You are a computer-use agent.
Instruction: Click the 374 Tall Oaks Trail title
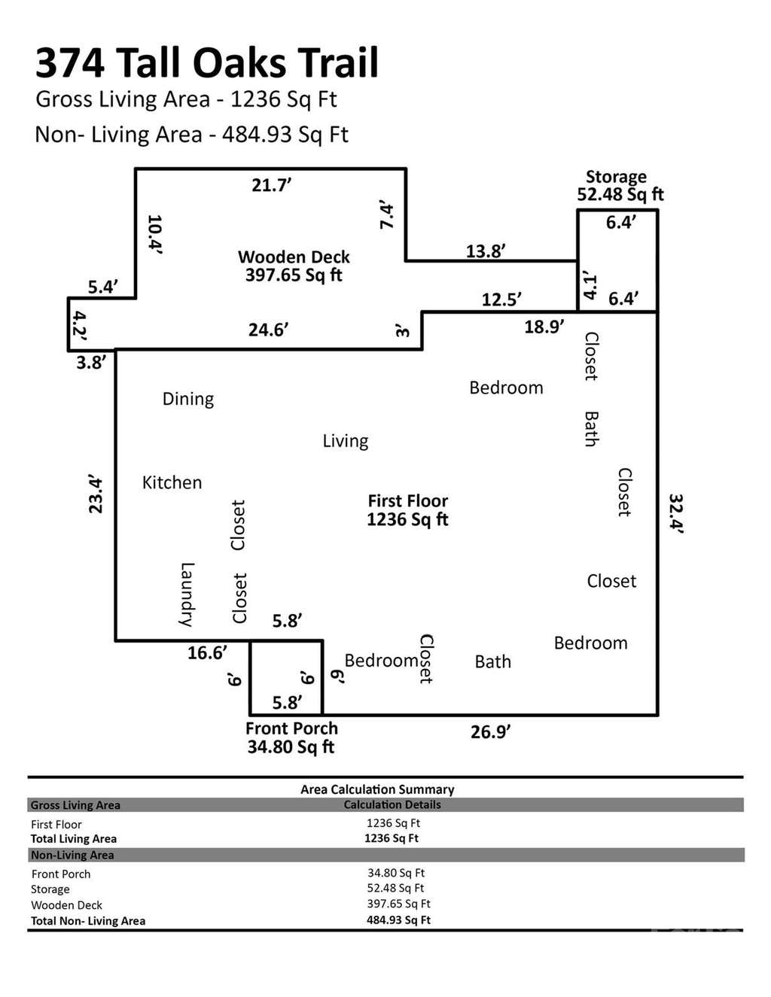[207, 63]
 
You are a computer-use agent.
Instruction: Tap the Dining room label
[188, 400]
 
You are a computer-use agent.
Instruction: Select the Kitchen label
[172, 482]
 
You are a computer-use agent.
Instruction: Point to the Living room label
[346, 442]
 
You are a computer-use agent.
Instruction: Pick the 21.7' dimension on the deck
[272, 185]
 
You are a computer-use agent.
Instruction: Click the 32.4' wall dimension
[676, 514]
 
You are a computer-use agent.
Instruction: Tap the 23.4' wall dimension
[96, 496]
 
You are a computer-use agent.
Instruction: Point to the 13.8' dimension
[486, 251]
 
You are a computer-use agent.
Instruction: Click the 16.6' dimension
[208, 653]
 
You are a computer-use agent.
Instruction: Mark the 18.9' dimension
[544, 327]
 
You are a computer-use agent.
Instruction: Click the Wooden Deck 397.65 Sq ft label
[294, 266]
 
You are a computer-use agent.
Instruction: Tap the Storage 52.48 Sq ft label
[620, 186]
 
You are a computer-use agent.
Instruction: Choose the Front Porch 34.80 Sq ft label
[291, 737]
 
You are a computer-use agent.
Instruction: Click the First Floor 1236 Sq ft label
[407, 510]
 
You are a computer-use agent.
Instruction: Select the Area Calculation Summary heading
[377, 789]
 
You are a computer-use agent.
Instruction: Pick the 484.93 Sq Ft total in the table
[398, 920]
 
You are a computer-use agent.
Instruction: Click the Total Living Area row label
[74, 839]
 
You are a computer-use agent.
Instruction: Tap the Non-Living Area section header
[72, 856]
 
